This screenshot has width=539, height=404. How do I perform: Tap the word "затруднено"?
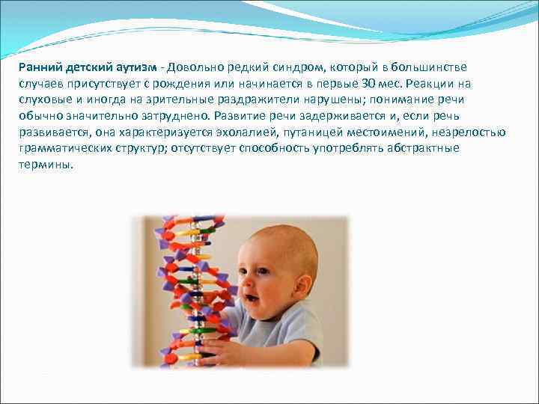point(173,116)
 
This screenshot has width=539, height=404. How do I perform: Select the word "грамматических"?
point(61,149)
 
